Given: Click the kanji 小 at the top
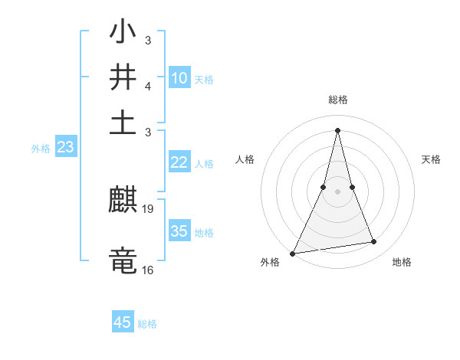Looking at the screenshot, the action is click(123, 34).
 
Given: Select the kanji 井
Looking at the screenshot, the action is click(123, 77).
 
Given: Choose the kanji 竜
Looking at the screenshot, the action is click(123, 259).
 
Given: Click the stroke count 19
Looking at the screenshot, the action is click(148, 208).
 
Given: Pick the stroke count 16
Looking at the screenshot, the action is click(148, 270).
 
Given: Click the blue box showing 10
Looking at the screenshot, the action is click(179, 77).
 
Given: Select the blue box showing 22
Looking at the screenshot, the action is click(179, 162).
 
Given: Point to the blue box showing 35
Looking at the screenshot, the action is click(179, 231).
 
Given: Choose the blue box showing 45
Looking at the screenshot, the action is click(123, 322).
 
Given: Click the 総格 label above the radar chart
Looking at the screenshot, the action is click(337, 100).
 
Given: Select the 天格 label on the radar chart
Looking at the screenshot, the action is click(431, 159).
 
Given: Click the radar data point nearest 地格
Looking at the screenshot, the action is click(373, 242).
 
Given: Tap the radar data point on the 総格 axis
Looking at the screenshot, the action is click(337, 130).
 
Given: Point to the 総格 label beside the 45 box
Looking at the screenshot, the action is click(147, 324).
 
